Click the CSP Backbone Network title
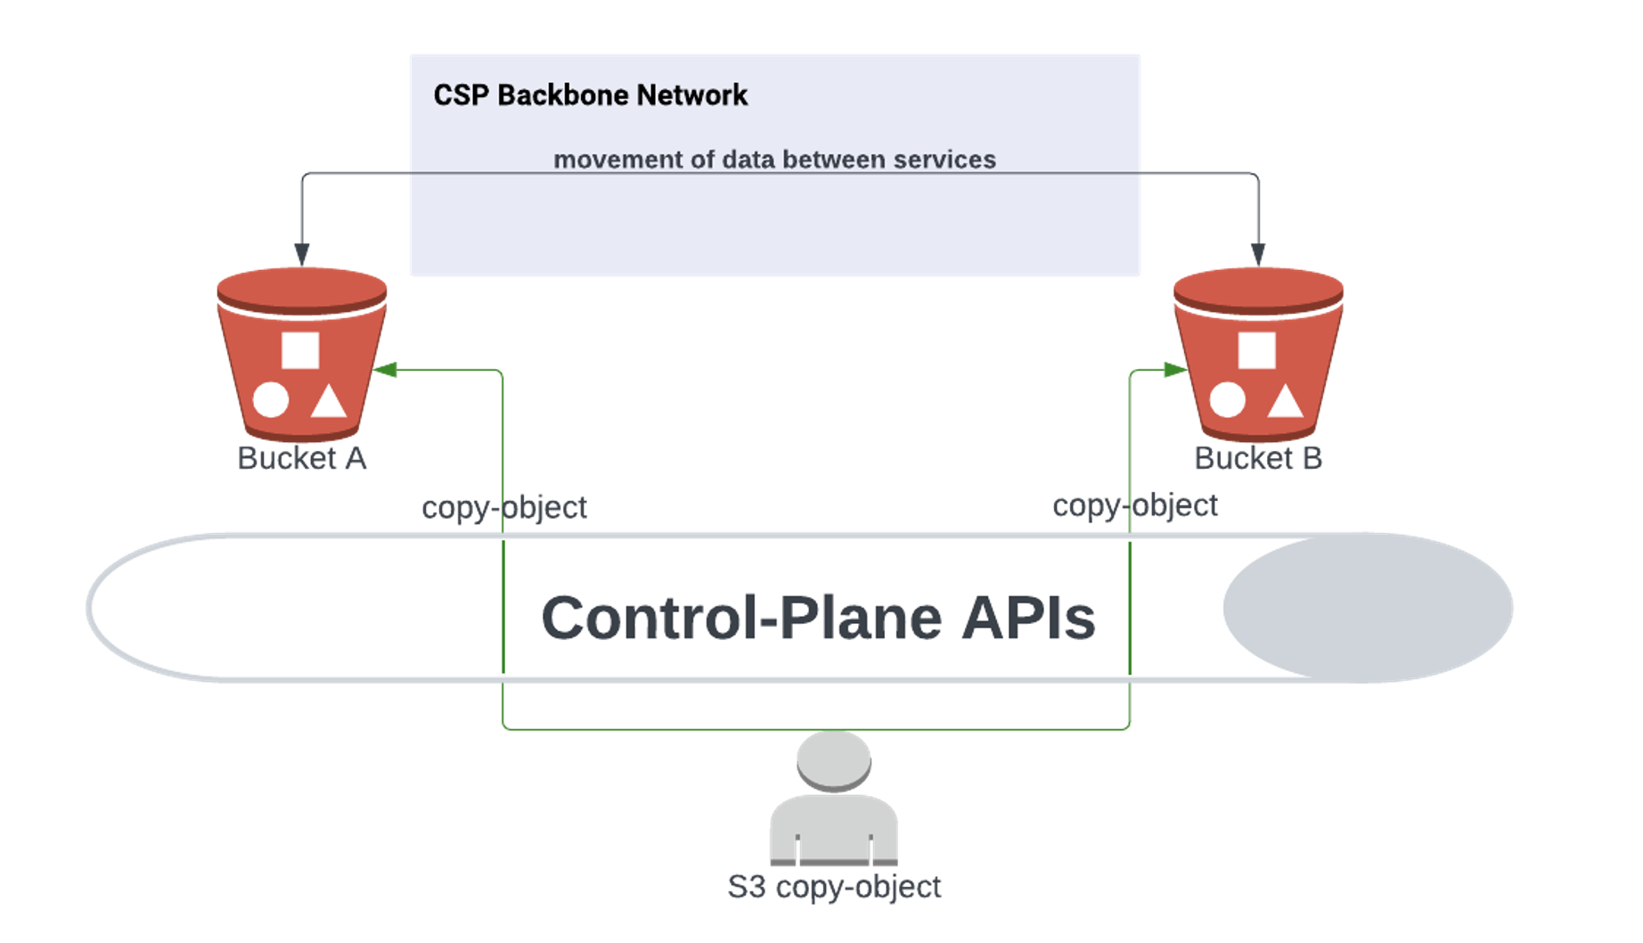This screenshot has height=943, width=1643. point(590,95)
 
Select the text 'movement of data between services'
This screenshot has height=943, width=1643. point(774,160)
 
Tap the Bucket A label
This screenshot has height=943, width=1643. point(301,458)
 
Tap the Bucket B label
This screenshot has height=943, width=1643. point(1257,458)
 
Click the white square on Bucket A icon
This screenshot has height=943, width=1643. point(300,350)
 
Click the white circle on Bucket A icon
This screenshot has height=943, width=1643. point(271,399)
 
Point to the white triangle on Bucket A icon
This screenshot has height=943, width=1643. point(328,402)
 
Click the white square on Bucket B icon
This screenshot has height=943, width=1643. point(1256,350)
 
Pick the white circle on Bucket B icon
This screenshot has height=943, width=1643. point(1227,399)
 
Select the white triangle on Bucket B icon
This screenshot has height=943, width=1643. point(1285,402)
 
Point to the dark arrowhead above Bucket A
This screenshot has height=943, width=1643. point(302,254)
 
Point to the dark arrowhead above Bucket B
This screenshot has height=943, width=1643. point(1258,254)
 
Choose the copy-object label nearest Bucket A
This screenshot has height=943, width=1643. point(503,507)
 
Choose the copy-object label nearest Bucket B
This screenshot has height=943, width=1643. point(1134,505)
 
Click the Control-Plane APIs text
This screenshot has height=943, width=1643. point(818,618)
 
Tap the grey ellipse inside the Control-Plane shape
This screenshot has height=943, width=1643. point(1367,608)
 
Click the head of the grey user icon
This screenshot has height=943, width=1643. point(834,760)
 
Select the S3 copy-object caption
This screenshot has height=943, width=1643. point(834,887)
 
